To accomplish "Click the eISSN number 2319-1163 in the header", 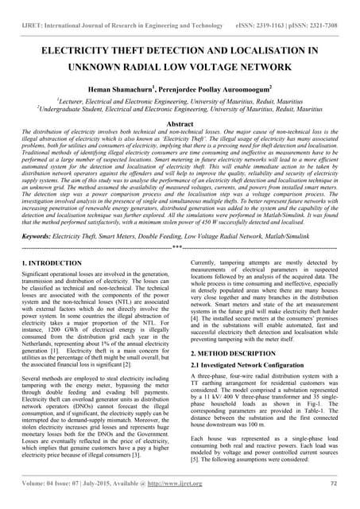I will (275, 14).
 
